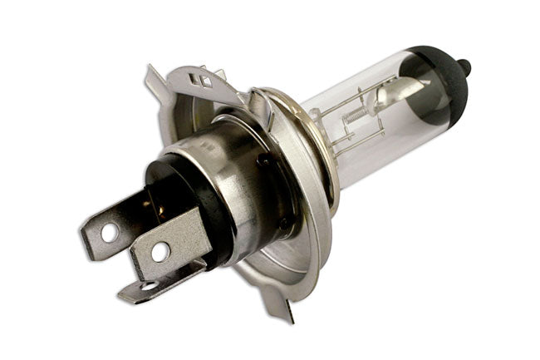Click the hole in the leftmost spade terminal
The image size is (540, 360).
(x=109, y=232)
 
